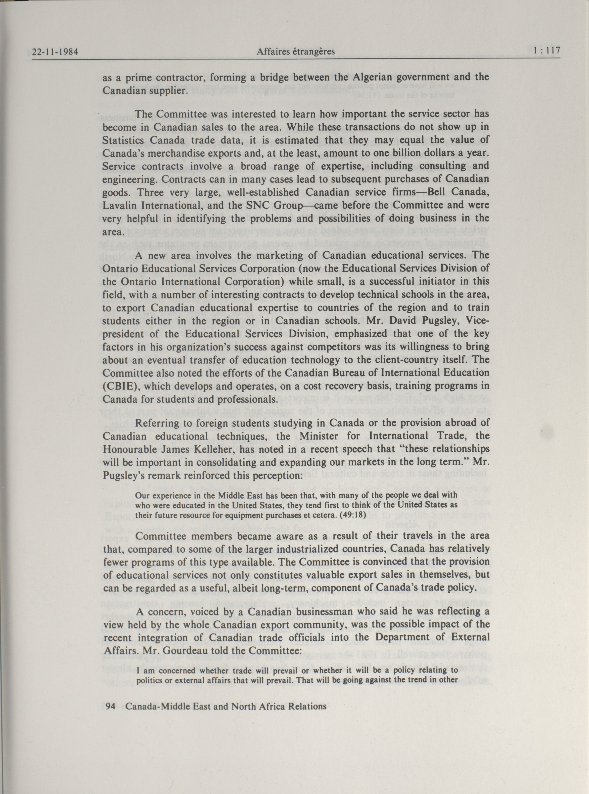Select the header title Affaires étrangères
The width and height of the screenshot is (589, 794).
click(296, 52)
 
